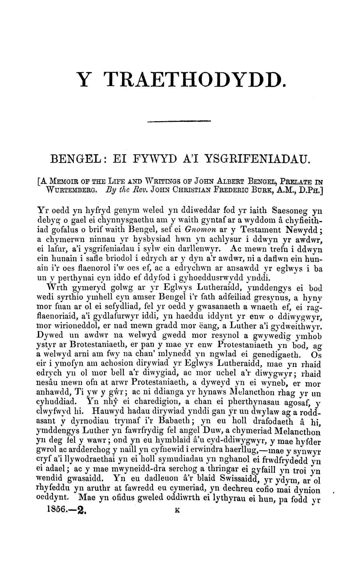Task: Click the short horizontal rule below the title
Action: coord(179,121)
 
